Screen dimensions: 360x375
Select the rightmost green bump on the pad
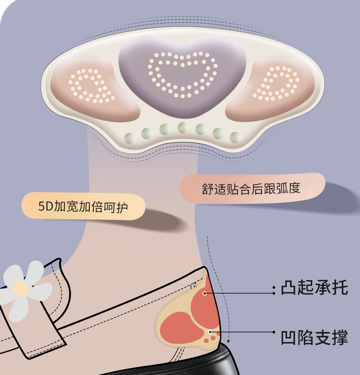[235, 136]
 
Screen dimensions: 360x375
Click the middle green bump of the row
[183, 127]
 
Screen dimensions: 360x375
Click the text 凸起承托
[314, 288]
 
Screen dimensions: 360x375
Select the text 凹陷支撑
[314, 338]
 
